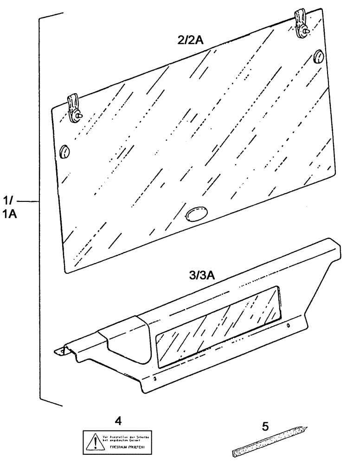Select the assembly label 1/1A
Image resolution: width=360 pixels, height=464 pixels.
pyautogui.click(x=10, y=208)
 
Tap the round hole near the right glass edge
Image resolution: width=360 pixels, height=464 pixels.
pyautogui.click(x=319, y=57)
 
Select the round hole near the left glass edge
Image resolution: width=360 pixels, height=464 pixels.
pyautogui.click(x=64, y=151)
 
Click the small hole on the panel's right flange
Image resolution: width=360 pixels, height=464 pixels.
pyautogui.click(x=288, y=326)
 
